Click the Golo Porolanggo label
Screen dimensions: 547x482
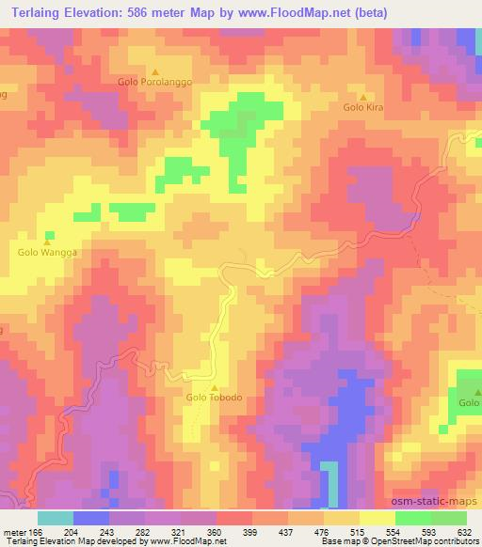[x=155, y=83]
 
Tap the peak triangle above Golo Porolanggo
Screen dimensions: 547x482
[x=155, y=71]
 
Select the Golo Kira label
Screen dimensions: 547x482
[x=363, y=108]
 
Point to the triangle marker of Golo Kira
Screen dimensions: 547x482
[x=363, y=97]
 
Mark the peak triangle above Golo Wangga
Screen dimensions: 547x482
[x=45, y=241]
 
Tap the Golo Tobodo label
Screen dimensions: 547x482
[x=215, y=398]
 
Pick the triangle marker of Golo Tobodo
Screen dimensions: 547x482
[x=215, y=386]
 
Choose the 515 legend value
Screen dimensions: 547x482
[x=357, y=531]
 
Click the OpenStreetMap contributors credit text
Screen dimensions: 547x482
[x=429, y=541]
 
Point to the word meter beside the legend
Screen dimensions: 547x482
[x=16, y=531]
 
